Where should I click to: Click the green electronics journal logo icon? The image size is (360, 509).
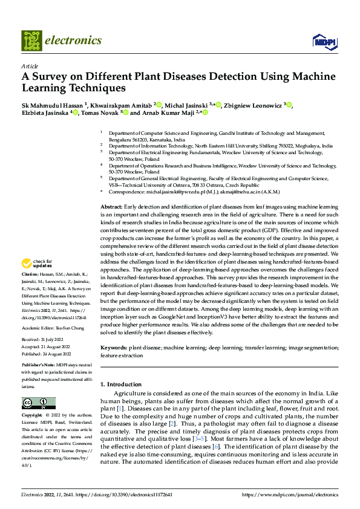[x=31, y=41]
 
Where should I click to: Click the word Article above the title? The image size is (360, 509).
[x=30, y=66]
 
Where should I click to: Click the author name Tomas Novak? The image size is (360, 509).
[x=100, y=112]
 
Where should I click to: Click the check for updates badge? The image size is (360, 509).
[x=38, y=264]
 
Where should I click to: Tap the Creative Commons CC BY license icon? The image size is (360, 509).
[x=39, y=403]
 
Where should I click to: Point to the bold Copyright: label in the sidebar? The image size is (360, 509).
[x=33, y=415]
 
